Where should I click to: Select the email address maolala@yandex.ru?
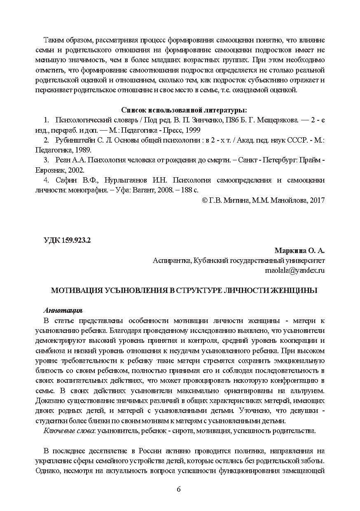(295, 271)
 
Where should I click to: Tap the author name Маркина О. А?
(299, 251)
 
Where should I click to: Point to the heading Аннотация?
(63, 310)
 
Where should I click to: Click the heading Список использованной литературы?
(184, 110)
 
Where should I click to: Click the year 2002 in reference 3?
(77, 170)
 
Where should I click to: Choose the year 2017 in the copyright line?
(317, 200)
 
